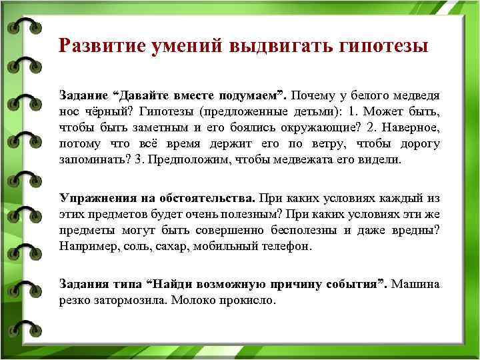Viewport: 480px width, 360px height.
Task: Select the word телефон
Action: point(285,246)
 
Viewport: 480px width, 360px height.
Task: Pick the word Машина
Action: point(415,284)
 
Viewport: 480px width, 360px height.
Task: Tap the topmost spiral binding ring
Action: point(23,27)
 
